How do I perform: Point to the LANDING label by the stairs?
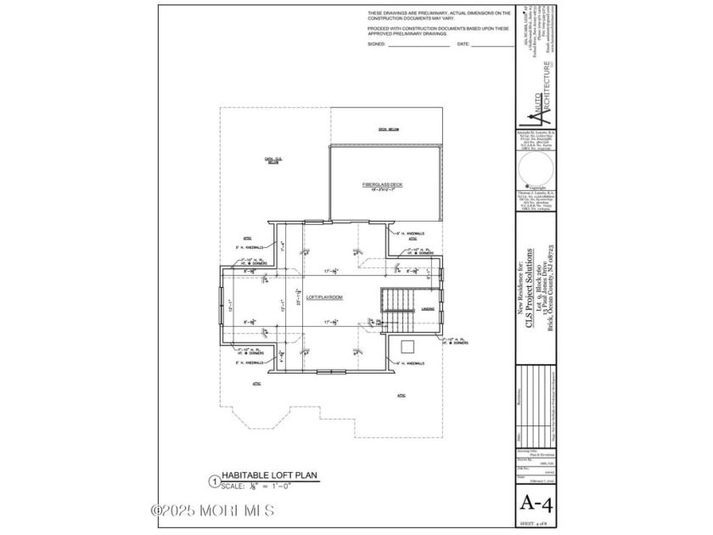pyautogui.click(x=428, y=309)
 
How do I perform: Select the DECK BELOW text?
pyautogui.click(x=389, y=129)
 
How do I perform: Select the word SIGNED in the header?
pyautogui.click(x=377, y=43)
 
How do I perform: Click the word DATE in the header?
pyautogui.click(x=463, y=43)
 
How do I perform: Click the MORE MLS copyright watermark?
pyautogui.click(x=211, y=510)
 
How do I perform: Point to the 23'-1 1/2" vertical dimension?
pyautogui.click(x=284, y=299)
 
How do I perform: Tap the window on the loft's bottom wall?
pyautogui.click(x=325, y=372)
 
